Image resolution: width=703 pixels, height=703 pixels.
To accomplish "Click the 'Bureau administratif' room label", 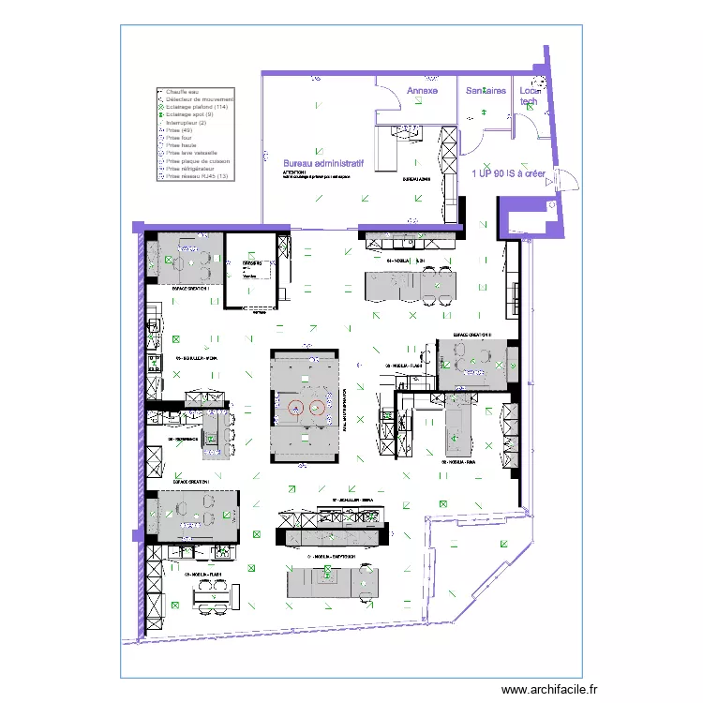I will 323,162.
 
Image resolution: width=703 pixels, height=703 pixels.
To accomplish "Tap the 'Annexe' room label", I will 422,91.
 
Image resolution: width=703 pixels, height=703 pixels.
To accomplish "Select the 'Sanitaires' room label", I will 486,91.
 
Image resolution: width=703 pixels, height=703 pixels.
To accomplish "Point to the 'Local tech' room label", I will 531,96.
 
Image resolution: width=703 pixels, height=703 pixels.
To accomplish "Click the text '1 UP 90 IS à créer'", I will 508,173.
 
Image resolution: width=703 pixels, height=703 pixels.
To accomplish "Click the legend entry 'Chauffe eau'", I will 182,92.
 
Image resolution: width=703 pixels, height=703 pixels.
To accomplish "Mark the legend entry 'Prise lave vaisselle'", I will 191,153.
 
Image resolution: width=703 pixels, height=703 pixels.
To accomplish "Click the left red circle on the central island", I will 297,407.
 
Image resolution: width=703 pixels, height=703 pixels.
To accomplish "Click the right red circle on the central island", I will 317,407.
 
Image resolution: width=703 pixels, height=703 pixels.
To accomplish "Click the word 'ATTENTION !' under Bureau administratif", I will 293,173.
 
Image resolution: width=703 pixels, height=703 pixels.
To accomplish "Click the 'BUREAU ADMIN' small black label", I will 415,178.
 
